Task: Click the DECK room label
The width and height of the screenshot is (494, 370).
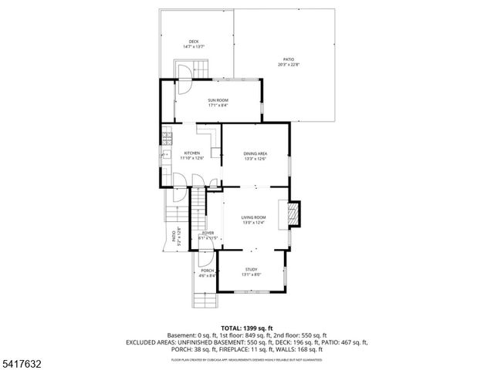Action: click(x=193, y=42)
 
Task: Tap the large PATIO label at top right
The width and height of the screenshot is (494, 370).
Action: click(x=288, y=59)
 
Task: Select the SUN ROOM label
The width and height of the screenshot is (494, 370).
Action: click(x=218, y=100)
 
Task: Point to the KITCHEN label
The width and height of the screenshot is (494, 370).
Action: click(x=191, y=153)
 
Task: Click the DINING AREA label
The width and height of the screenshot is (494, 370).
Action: click(x=255, y=153)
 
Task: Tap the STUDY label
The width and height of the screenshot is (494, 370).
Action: click(x=252, y=269)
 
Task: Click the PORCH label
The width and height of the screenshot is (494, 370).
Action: click(x=207, y=271)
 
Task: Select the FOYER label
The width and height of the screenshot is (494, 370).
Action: click(x=208, y=233)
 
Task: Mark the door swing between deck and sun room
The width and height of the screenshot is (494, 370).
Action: click(x=184, y=74)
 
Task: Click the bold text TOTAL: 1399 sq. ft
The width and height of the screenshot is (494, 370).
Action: click(x=247, y=328)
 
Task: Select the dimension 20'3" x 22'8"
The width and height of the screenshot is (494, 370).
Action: click(x=288, y=65)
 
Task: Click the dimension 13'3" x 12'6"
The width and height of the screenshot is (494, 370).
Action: click(x=255, y=159)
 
